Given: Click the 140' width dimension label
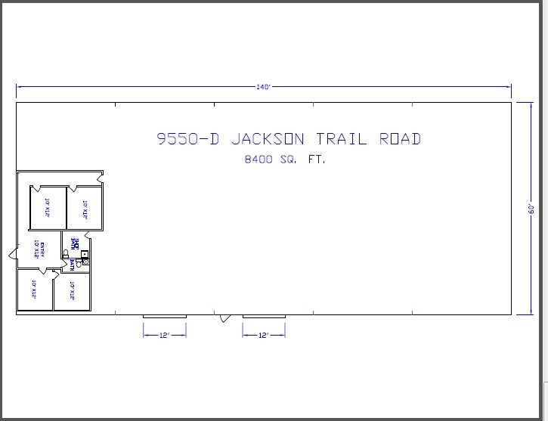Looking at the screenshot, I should pyautogui.click(x=263, y=87).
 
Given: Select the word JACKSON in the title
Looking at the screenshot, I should pyautogui.click(x=268, y=139).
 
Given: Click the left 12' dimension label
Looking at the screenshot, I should pyautogui.click(x=165, y=335).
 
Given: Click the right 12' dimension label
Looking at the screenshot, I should pyautogui.click(x=264, y=335).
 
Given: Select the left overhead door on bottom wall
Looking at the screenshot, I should pyautogui.click(x=165, y=316).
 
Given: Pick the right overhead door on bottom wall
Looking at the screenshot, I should pyautogui.click(x=264, y=316).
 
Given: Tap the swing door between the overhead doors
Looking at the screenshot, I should pyautogui.click(x=224, y=318).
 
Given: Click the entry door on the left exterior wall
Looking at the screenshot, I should pyautogui.click(x=12, y=254).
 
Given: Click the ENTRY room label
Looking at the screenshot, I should pyautogui.click(x=43, y=249).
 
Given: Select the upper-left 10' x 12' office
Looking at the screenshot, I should pyautogui.click(x=48, y=207).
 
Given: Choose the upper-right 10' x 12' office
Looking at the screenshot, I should pyautogui.click(x=85, y=207).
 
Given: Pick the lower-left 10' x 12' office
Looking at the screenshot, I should pyautogui.click(x=35, y=290).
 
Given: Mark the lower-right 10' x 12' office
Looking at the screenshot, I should pyautogui.click(x=72, y=290).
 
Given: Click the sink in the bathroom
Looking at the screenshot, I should pyautogui.click(x=85, y=254).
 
